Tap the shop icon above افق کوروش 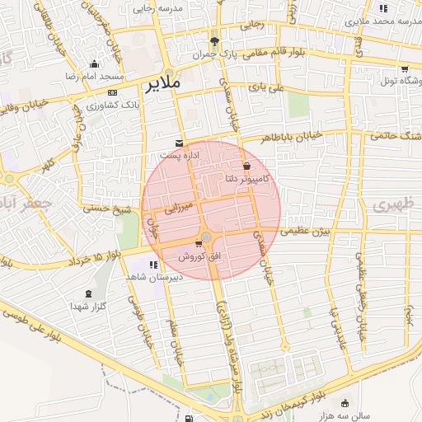click(x=199, y=243)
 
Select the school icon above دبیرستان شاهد click(x=152, y=265)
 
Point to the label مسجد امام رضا click(x=94, y=76)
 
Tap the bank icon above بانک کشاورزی click(x=112, y=92)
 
